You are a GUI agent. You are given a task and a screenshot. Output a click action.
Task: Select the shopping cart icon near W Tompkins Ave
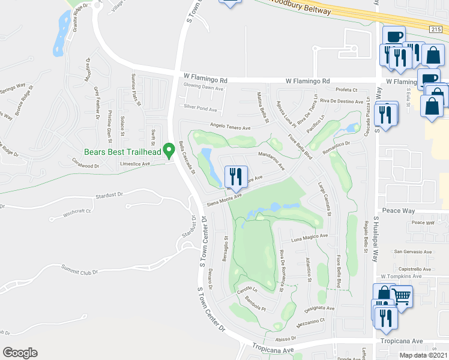pyautogui.click(x=402, y=296)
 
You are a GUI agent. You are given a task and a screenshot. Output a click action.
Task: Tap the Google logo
pyautogui.click(x=20, y=353)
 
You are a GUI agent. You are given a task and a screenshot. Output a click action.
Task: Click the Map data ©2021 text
pyautogui.click(x=423, y=355)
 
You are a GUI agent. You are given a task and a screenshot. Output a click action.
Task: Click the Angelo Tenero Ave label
pyautogui.click(x=229, y=127)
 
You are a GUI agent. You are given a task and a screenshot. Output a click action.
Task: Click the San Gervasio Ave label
pyautogui.click(x=412, y=251)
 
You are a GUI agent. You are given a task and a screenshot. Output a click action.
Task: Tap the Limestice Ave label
pyautogui.click(x=135, y=163)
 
